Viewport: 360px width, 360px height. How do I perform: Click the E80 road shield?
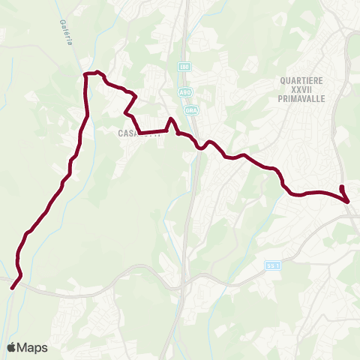tap(184, 67)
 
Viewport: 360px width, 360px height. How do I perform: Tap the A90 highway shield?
tap(184, 91)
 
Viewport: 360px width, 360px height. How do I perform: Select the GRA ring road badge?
tap(190, 109)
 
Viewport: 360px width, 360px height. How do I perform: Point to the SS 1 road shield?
tap(272, 265)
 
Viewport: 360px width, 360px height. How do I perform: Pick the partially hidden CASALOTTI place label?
tap(139, 134)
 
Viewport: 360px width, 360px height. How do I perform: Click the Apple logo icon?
tap(12, 347)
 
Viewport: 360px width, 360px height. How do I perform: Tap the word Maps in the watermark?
tap(33, 347)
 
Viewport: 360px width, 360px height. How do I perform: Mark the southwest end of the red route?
tap(12, 286)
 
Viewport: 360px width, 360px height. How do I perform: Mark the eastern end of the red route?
tap(342, 187)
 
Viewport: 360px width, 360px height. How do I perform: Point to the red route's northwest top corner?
tap(86, 73)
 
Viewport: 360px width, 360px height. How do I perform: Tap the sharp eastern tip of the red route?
tap(349, 201)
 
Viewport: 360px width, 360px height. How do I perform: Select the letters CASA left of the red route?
tap(126, 134)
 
